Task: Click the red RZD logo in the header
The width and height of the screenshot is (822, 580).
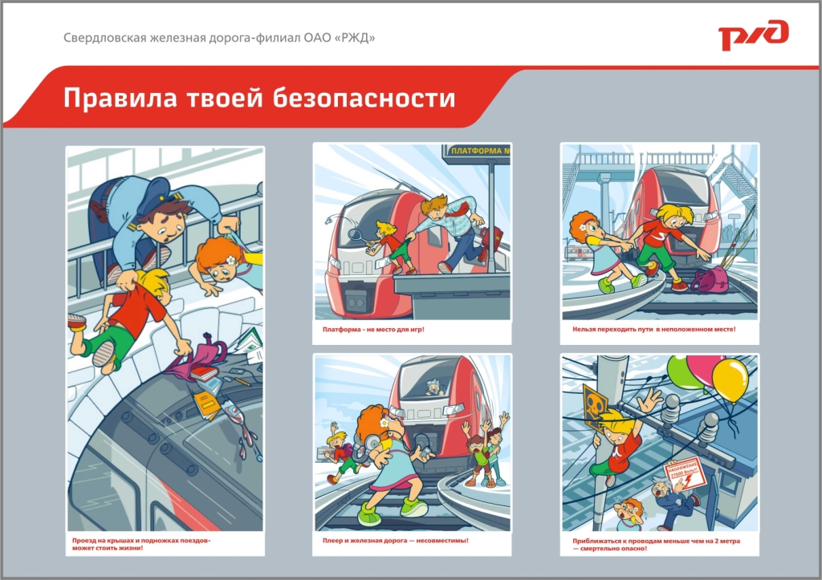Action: click(753, 36)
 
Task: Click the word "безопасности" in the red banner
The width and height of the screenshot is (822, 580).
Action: click(364, 99)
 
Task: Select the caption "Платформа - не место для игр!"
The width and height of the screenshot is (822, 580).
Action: click(373, 330)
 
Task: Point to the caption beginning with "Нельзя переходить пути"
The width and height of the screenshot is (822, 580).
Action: click(653, 330)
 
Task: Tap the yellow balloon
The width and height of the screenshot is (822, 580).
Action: click(729, 378)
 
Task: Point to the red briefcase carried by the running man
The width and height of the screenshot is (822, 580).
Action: click(491, 237)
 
